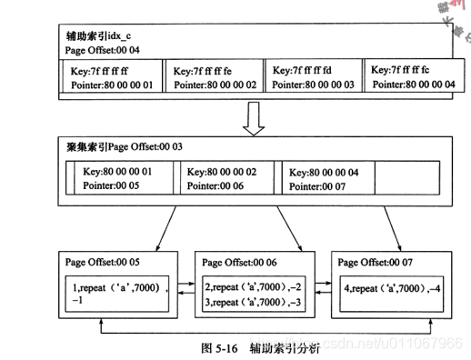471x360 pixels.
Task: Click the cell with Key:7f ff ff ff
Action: [x=111, y=76]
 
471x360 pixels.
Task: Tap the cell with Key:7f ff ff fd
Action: [x=316, y=76]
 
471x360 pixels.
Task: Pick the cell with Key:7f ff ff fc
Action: [x=415, y=76]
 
